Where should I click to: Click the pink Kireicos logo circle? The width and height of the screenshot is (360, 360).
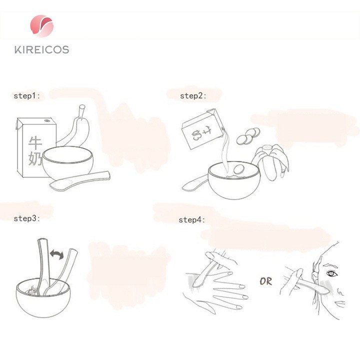pyautogui.click(x=42, y=26)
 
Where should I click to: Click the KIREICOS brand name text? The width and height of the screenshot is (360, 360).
pyautogui.click(x=42, y=49)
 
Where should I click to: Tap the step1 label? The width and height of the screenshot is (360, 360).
pyautogui.click(x=27, y=96)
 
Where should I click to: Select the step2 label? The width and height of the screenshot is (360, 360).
pyautogui.click(x=193, y=96)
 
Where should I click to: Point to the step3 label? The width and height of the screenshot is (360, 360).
pyautogui.click(x=27, y=218)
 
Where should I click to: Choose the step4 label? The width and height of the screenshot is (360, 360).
pyautogui.click(x=192, y=220)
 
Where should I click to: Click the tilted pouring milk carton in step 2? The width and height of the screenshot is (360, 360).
pyautogui.click(x=202, y=129)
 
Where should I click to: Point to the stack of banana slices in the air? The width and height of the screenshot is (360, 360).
pyautogui.click(x=248, y=136)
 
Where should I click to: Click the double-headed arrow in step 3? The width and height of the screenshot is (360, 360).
pyautogui.click(x=56, y=254)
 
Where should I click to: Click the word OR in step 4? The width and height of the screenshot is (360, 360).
pyautogui.click(x=266, y=281)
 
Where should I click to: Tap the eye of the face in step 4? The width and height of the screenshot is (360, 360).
pyautogui.click(x=331, y=273)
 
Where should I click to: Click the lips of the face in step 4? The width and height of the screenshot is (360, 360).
pyautogui.click(x=339, y=304)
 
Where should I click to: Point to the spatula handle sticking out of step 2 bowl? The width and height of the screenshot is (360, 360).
pyautogui.click(x=194, y=183)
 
